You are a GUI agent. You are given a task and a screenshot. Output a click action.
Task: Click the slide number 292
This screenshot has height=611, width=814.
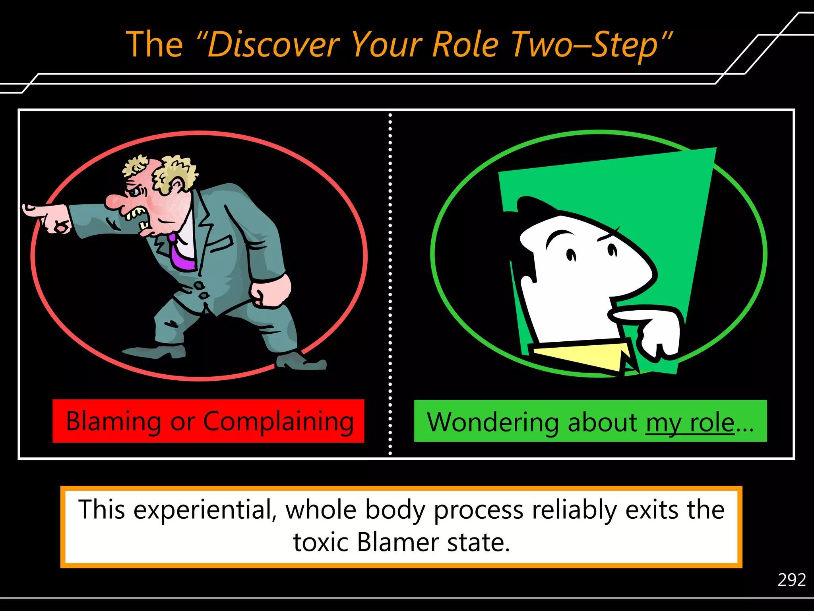tap(791, 580)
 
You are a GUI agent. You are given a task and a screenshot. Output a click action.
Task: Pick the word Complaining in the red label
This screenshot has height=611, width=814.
tap(278, 422)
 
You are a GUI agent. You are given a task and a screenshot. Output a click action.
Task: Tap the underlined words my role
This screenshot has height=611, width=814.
tap(690, 422)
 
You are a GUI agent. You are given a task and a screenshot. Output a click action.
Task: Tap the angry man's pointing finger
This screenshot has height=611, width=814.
tap(34, 210)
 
